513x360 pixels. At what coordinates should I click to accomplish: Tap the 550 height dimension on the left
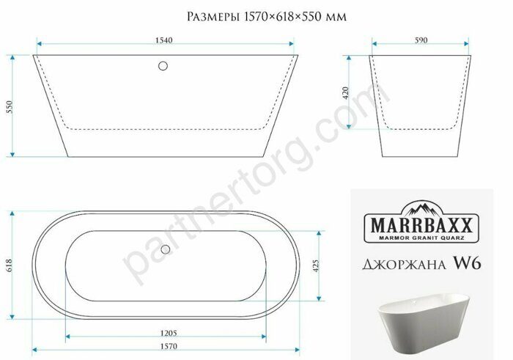coord(9,106)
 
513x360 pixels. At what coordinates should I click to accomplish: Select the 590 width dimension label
coord(421,41)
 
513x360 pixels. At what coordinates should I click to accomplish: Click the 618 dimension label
coord(9,265)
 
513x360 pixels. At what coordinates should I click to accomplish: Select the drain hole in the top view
coord(165,249)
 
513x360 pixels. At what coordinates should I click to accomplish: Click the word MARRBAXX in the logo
coord(421,222)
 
